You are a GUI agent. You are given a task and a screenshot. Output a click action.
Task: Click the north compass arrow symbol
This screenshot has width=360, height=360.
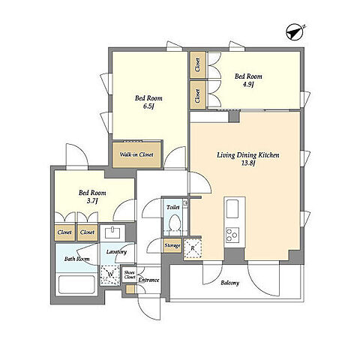(x=295, y=31)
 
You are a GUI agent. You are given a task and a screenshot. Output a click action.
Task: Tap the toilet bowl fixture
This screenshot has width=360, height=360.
(x=174, y=223)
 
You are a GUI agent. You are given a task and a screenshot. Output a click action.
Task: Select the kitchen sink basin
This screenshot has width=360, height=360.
(x=232, y=208)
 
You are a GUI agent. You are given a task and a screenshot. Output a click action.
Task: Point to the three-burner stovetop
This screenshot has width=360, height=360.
(x=232, y=235)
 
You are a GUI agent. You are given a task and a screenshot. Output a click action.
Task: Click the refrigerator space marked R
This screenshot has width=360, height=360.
(x=193, y=248)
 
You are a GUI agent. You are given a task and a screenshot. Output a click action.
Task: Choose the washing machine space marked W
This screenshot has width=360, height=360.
(x=109, y=274)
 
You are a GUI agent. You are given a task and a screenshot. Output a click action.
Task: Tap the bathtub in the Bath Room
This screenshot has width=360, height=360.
(x=76, y=285)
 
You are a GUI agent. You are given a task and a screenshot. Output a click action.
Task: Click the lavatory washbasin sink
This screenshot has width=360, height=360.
(x=112, y=233)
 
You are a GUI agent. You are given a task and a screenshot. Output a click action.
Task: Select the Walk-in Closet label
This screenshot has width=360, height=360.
(x=136, y=154)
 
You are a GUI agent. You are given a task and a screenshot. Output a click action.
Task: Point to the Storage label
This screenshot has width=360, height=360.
(x=172, y=245)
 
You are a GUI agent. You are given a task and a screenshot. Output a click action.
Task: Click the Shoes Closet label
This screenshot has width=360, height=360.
(x=130, y=274)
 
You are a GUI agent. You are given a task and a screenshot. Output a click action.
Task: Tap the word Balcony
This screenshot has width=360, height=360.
(x=229, y=283)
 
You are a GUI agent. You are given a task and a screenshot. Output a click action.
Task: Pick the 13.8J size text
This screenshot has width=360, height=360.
(x=247, y=163)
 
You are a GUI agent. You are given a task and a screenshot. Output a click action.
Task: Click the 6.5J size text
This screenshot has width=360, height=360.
(x=148, y=106)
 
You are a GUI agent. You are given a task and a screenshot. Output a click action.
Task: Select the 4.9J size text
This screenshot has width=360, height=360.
(x=248, y=84)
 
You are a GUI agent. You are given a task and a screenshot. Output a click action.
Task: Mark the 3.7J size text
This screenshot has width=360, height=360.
(x=91, y=201)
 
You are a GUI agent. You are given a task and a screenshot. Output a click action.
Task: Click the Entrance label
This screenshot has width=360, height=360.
(x=149, y=280)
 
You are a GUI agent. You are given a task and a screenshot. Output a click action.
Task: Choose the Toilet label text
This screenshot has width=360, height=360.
(x=173, y=207)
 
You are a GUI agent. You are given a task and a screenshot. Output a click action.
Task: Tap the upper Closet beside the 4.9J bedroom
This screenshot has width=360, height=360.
(x=198, y=65)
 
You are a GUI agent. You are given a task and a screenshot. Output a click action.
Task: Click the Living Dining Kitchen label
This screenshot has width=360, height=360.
(x=248, y=155)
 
